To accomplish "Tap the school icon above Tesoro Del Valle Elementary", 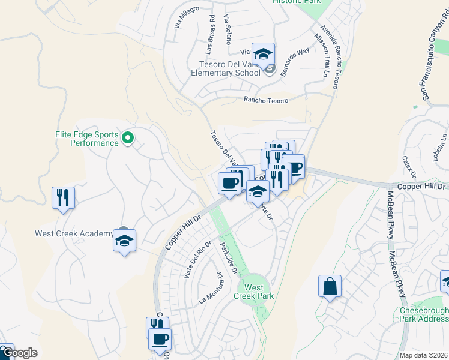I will click(x=263, y=55).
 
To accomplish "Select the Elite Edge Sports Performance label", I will click(x=86, y=139).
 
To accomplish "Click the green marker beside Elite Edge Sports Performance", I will click(x=127, y=139).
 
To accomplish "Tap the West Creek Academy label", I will click(x=74, y=234).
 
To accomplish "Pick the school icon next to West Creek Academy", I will click(x=125, y=241).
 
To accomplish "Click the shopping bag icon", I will click(x=330, y=286).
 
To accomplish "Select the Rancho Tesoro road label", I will click(x=265, y=101).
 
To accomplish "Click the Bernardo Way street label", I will click(x=294, y=60).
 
